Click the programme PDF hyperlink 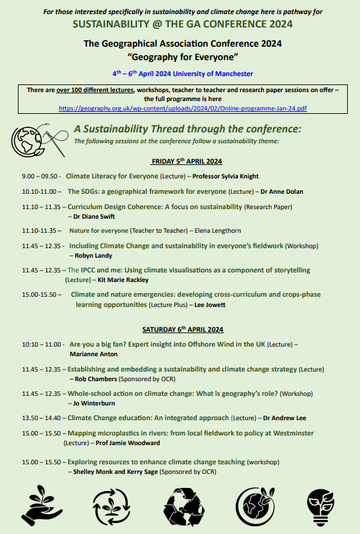(182, 109)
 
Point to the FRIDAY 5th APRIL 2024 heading (186, 161)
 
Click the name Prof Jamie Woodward (128, 443)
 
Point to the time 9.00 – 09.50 (40, 176)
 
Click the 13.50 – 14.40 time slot (43, 418)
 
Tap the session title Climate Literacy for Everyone (112, 176)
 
